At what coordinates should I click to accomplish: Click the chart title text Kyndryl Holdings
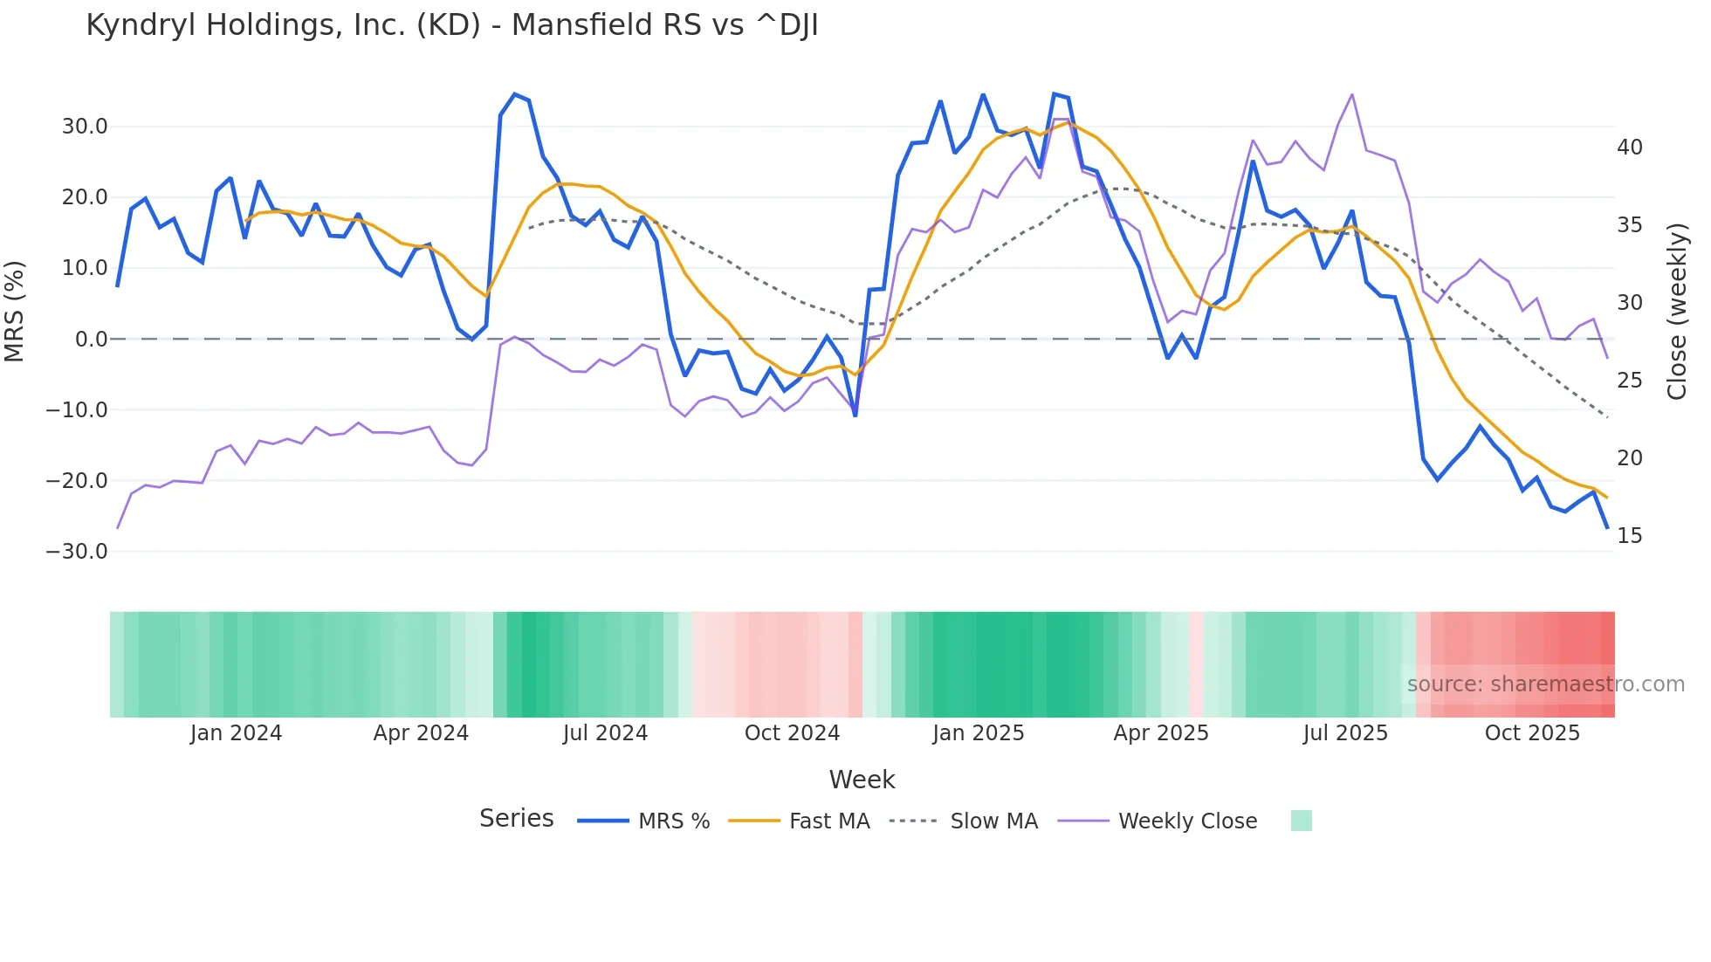451,25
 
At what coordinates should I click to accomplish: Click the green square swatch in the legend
1301,821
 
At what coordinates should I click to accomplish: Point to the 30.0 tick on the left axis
85,127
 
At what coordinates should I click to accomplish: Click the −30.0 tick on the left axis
77,552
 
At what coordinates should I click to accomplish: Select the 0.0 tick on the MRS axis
91,340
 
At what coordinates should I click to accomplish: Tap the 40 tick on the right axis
1629,148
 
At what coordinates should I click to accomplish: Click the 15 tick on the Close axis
1629,536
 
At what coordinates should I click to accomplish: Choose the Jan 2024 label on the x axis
236,733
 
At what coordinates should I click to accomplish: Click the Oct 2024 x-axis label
792,733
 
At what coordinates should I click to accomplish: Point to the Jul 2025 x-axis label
1345,733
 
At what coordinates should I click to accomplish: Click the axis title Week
862,780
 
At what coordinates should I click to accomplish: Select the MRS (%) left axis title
15,312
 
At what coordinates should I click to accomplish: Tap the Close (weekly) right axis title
1676,312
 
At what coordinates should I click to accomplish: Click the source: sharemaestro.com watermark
1545,684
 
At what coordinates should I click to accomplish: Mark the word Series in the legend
516,819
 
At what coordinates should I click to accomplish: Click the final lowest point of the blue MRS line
1607,528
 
